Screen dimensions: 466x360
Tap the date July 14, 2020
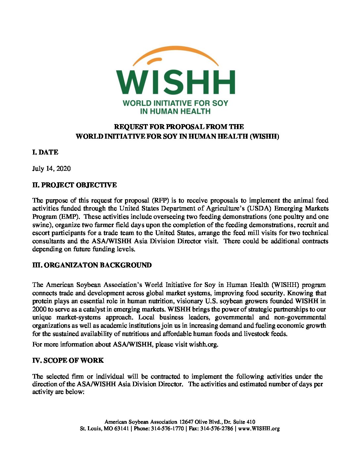pos(51,168)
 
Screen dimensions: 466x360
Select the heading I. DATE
pos(45,152)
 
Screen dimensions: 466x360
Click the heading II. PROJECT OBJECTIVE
pos(74,185)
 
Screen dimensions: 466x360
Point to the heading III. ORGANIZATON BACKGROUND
pos(92,265)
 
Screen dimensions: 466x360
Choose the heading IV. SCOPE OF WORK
pos(68,360)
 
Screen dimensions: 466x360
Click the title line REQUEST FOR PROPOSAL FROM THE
pos(179,127)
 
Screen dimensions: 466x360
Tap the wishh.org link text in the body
pos(203,344)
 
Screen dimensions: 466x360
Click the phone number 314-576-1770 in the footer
pos(167,429)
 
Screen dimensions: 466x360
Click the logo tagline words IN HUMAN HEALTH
pos(175,112)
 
